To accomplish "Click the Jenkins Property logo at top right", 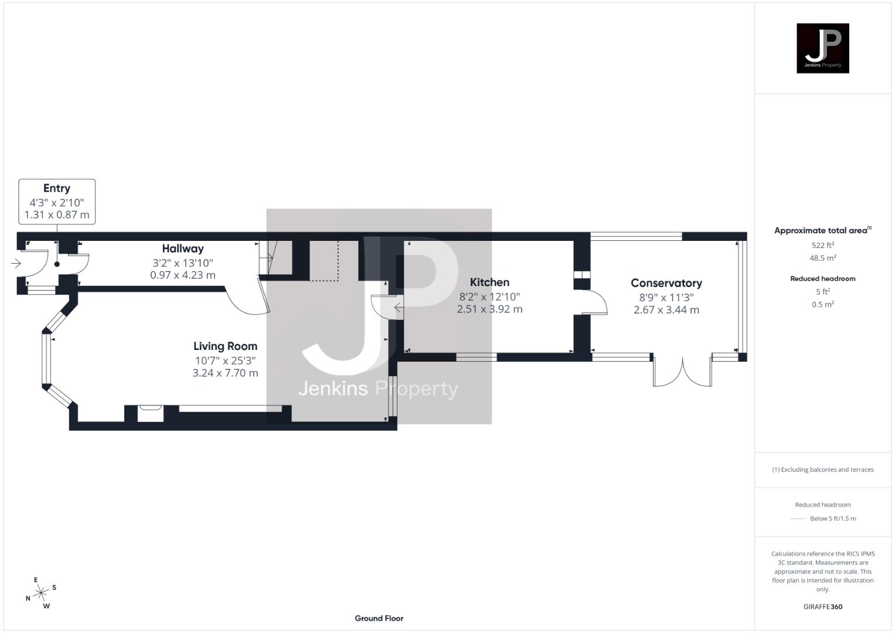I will [822, 48].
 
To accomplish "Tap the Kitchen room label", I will [489, 283].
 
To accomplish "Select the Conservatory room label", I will [666, 283].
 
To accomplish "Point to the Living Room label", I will [225, 346].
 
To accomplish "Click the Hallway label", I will [183, 249].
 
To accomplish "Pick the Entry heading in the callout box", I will [57, 188].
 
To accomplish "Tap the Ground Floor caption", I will [379, 618].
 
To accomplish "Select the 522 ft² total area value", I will [822, 245].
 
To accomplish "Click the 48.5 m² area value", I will [822, 258].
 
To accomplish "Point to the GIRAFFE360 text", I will [822, 607].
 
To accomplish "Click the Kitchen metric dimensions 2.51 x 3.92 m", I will [489, 309].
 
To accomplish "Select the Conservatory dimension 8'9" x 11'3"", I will [666, 297].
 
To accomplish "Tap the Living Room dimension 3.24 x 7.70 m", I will [225, 373].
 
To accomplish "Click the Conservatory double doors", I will [683, 373].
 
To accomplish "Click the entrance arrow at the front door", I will [16, 264].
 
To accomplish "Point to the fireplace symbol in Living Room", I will [151, 413].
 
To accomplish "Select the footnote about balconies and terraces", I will [822, 469].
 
